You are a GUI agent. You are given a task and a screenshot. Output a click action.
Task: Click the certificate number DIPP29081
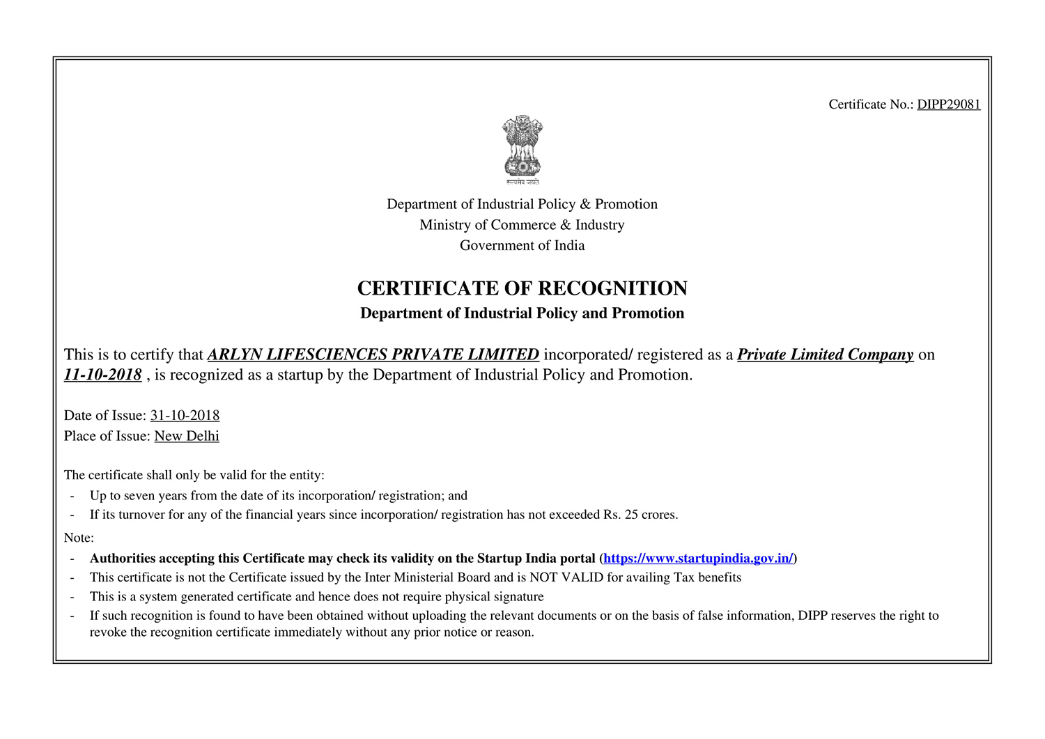click(948, 104)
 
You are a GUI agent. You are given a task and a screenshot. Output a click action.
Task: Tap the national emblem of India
click(522, 149)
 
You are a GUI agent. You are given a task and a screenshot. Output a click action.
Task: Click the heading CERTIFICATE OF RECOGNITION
click(522, 288)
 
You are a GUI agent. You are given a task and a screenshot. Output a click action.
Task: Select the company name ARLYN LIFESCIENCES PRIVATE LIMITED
click(373, 355)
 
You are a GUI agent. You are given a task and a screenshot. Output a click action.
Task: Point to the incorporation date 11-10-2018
click(103, 375)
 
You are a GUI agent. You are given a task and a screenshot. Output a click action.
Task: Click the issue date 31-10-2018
click(185, 416)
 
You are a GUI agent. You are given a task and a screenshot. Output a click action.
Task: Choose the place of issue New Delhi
click(187, 436)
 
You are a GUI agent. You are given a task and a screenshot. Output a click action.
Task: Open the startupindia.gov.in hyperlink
click(698, 559)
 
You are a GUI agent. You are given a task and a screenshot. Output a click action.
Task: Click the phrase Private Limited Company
click(825, 355)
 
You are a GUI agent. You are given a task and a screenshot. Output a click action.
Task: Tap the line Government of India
click(522, 245)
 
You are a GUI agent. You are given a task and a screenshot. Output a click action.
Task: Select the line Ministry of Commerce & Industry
click(522, 225)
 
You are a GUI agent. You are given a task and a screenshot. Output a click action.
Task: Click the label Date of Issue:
click(105, 416)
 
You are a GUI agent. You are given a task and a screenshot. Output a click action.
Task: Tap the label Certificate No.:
click(871, 104)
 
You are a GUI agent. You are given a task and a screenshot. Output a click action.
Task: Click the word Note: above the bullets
click(79, 538)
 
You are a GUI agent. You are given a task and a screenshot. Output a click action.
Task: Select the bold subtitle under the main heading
click(522, 313)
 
